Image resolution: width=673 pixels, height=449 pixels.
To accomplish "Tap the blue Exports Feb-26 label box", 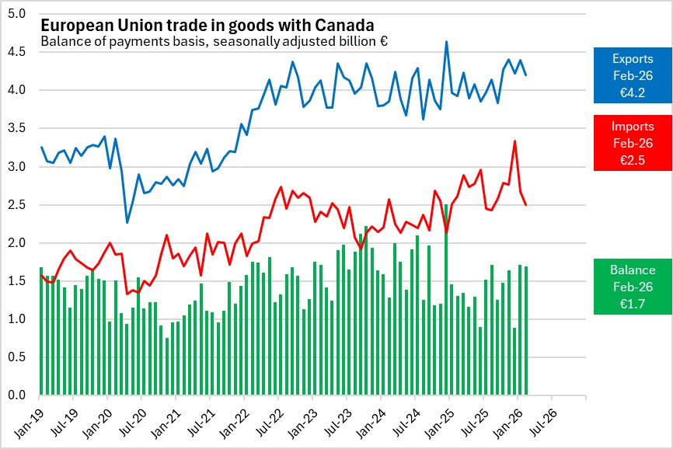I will [633, 75].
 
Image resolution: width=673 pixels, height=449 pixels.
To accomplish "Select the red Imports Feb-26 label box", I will [633, 142].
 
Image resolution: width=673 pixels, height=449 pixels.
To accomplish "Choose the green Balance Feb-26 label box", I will [632, 286].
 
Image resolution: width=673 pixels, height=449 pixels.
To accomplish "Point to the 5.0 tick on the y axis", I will [17, 14].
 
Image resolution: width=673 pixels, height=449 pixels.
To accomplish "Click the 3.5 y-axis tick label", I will [17, 129].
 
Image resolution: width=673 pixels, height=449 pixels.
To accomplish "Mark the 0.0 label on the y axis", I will [17, 395].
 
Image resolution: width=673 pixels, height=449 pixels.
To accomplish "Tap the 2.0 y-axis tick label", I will [17, 243].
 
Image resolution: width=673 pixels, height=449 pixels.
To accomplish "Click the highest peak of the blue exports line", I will [446, 42].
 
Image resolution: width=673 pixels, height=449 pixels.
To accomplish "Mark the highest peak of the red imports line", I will [514, 141].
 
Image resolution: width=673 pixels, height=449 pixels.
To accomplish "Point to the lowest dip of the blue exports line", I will [127, 223].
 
